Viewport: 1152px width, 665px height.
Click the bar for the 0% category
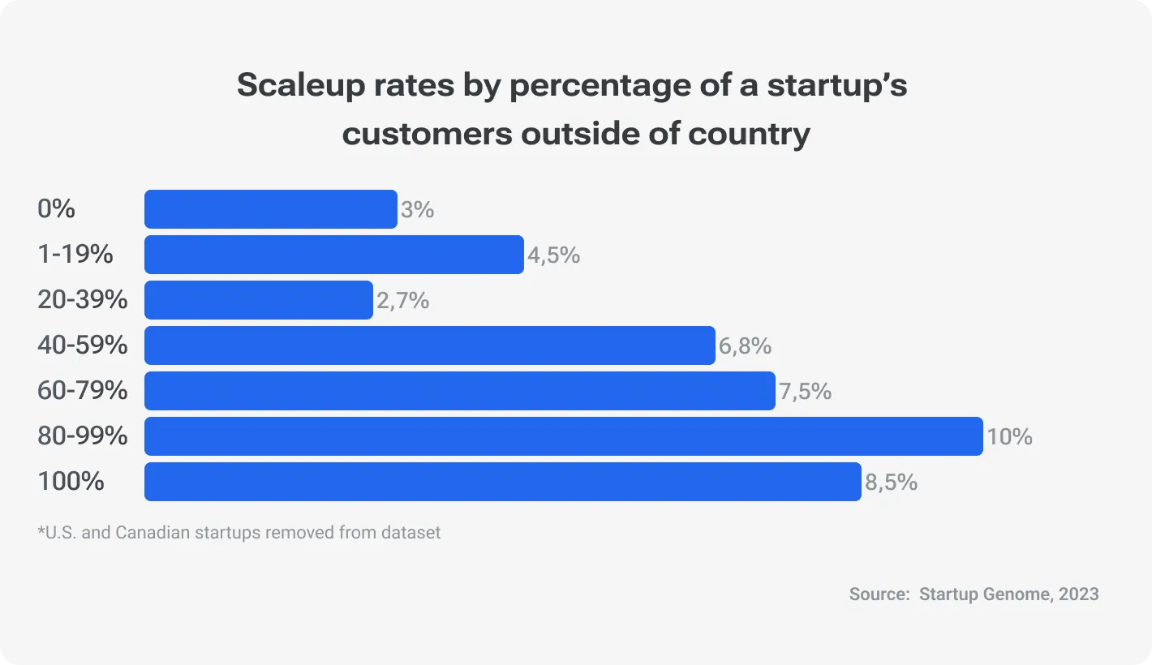coord(270,209)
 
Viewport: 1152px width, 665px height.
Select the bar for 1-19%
coord(333,255)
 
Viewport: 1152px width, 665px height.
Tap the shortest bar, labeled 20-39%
coord(258,300)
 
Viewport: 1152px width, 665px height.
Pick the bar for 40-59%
coord(429,345)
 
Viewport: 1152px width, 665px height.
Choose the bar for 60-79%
coord(459,391)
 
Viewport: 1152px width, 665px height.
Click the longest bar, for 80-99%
coord(563,436)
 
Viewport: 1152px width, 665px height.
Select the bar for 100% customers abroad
coord(502,482)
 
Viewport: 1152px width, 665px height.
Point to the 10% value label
coord(1009,437)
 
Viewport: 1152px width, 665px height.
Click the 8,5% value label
coord(891,483)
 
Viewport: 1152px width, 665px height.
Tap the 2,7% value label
coord(402,301)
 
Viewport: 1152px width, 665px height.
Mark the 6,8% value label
coord(745,346)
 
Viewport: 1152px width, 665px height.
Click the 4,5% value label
coord(553,255)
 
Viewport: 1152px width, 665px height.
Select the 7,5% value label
coord(805,392)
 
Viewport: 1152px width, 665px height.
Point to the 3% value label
coord(417,210)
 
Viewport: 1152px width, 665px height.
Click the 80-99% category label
coord(83,436)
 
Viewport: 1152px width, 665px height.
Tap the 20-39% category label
coord(83,300)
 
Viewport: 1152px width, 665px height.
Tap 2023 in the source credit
coord(1078,594)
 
